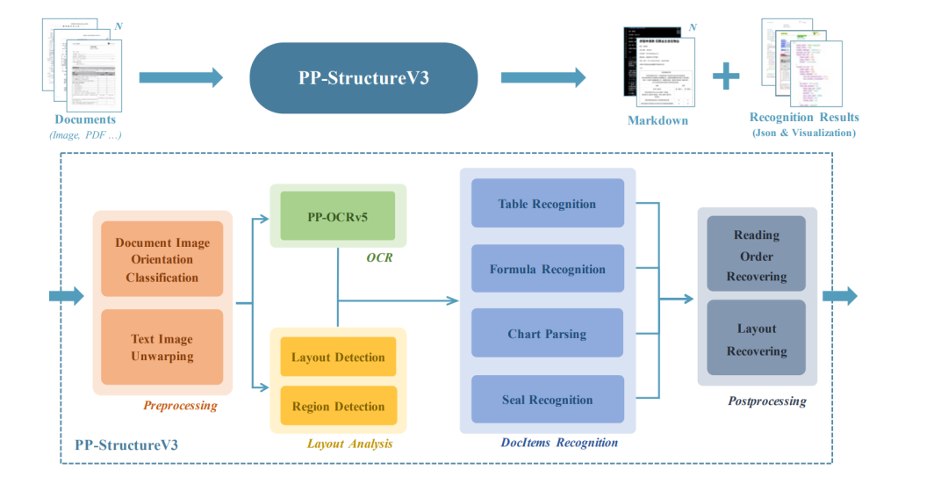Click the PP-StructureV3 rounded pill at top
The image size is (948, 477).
coord(363,77)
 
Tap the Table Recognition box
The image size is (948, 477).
coord(547,204)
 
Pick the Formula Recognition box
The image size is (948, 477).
coord(547,269)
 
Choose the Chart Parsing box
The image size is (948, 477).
coord(547,334)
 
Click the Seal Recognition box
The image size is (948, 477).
coord(547,400)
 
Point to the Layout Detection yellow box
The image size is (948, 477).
coord(338,358)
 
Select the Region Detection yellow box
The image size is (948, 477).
coord(338,407)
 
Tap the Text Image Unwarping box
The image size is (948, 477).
coord(162,348)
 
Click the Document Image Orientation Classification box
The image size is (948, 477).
coord(162,260)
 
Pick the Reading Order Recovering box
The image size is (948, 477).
coord(757,256)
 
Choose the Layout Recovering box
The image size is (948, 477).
coord(757,340)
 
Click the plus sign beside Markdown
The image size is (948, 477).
coord(726,77)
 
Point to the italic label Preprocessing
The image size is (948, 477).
coord(180,406)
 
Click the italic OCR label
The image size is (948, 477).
coord(379,257)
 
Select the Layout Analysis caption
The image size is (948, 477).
coord(349,444)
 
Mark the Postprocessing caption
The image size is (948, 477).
coord(766,401)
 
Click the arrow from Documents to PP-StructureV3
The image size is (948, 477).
coord(180,77)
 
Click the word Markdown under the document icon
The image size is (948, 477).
coord(657,120)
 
